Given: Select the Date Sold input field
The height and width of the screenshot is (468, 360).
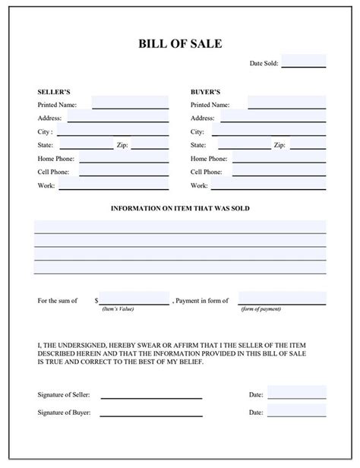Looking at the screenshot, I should pos(304,62).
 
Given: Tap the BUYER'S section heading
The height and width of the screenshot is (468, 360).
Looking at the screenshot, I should pos(205,90).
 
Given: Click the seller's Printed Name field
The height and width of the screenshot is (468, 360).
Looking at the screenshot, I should pos(130,103).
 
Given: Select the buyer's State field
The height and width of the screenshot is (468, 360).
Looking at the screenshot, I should pos(239,144).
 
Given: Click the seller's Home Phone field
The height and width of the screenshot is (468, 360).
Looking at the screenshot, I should pos(123,158).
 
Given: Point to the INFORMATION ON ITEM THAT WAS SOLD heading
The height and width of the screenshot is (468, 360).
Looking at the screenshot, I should pos(180,208).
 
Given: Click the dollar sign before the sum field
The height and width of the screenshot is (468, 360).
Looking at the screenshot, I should pos(96,301).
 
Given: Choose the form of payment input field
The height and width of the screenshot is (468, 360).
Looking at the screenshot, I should pos(282,299).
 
